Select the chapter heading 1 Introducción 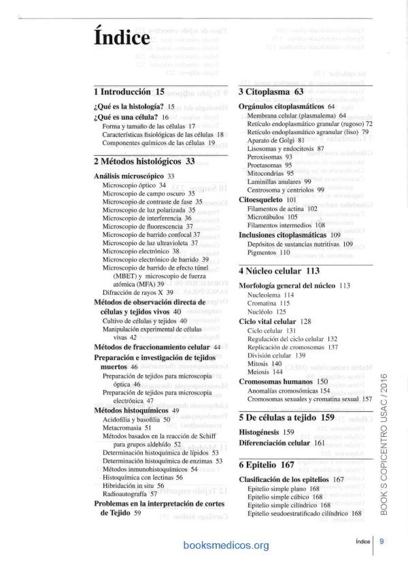pos(130,91)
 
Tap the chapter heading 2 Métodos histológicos pos(143,161)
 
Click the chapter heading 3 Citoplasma pos(271,91)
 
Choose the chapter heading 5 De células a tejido pos(286,417)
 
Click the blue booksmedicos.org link pos(226,545)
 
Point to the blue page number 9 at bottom pos(382,542)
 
